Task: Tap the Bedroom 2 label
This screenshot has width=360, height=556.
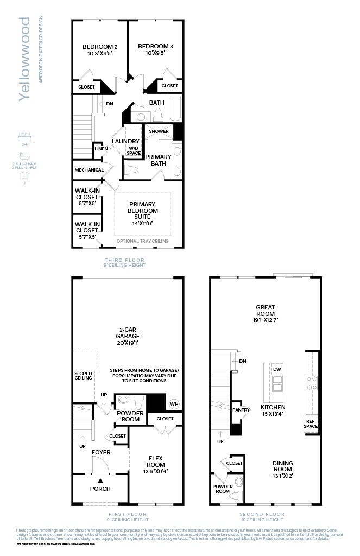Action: tap(99, 46)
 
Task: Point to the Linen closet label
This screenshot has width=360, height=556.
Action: tap(101, 149)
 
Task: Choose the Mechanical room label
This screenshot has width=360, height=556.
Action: tap(89, 170)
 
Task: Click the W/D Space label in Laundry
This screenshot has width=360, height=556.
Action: tap(134, 150)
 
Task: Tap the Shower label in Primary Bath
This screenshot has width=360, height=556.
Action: tap(159, 131)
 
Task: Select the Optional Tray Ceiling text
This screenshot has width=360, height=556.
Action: tap(142, 241)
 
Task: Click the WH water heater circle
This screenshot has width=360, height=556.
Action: tap(174, 403)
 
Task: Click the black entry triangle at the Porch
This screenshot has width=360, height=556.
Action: tap(100, 480)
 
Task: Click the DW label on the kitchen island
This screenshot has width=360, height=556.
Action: tap(276, 369)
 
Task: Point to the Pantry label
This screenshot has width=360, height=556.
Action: tap(240, 410)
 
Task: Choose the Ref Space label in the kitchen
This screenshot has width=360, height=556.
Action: tap(311, 424)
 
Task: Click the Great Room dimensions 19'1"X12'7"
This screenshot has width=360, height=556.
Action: tap(266, 321)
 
